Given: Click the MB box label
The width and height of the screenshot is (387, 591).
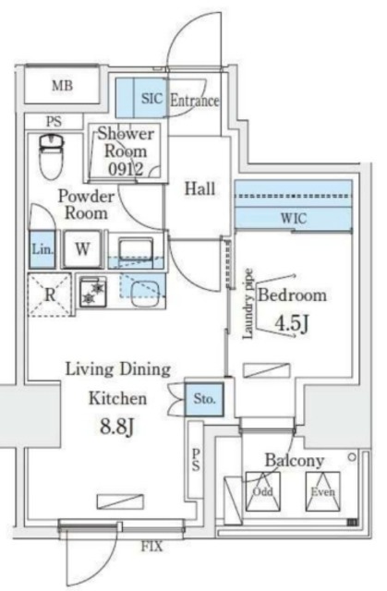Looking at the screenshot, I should click(x=62, y=87).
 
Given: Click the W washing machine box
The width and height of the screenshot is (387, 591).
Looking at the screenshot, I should click(x=82, y=248).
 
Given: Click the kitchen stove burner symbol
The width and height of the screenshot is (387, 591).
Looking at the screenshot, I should click(x=92, y=292).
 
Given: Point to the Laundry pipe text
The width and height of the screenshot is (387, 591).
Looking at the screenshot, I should click(x=248, y=305).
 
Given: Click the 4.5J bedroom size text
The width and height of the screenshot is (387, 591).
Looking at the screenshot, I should click(x=291, y=325).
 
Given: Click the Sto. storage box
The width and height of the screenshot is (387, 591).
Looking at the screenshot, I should click(x=204, y=400).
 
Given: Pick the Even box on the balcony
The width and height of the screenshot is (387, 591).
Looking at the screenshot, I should click(x=322, y=492).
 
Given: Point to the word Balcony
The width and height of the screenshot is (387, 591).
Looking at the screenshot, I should click(x=293, y=459).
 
